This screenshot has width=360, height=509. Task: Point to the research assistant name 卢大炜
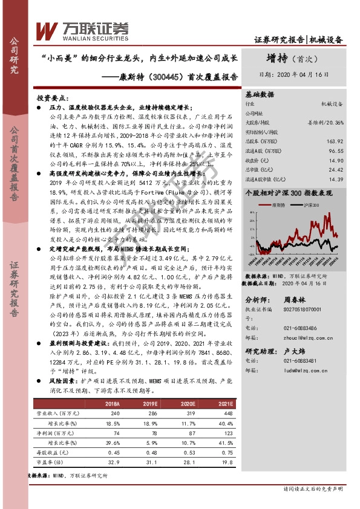point(296,351)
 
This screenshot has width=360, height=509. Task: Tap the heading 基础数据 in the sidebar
point(260,94)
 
